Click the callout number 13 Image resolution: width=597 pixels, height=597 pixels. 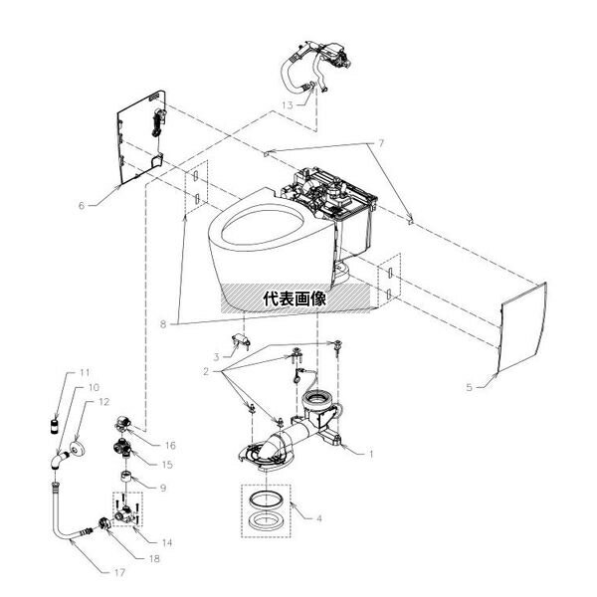click(286, 103)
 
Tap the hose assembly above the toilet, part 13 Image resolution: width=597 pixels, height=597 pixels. click(303, 65)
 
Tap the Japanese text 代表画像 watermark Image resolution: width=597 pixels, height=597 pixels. click(296, 297)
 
